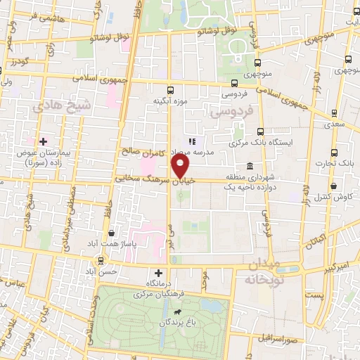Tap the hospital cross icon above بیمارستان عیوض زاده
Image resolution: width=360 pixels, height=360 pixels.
coord(43,141)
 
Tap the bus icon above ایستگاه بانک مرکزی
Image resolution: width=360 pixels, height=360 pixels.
coord(261,131)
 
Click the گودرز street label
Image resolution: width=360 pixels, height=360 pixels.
coord(16,62)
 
